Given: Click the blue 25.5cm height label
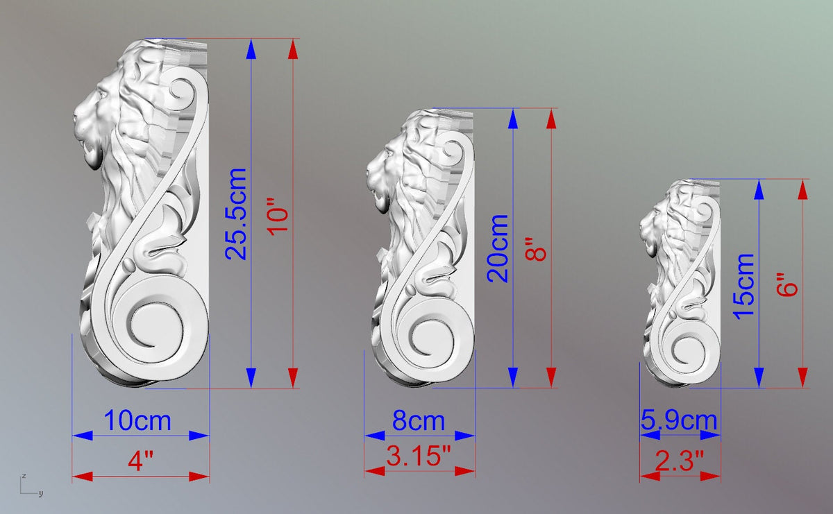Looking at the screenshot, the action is click(236, 214).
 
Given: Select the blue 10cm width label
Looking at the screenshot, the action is click(137, 421).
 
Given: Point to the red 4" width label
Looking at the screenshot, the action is click(140, 461).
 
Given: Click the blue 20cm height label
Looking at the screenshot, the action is click(498, 248).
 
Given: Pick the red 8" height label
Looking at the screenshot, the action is click(535, 249).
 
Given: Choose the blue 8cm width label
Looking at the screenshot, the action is click(419, 421).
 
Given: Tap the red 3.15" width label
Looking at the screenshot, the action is click(419, 456).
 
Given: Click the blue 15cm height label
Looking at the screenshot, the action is click(743, 286).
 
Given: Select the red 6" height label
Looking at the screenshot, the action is click(787, 284).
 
